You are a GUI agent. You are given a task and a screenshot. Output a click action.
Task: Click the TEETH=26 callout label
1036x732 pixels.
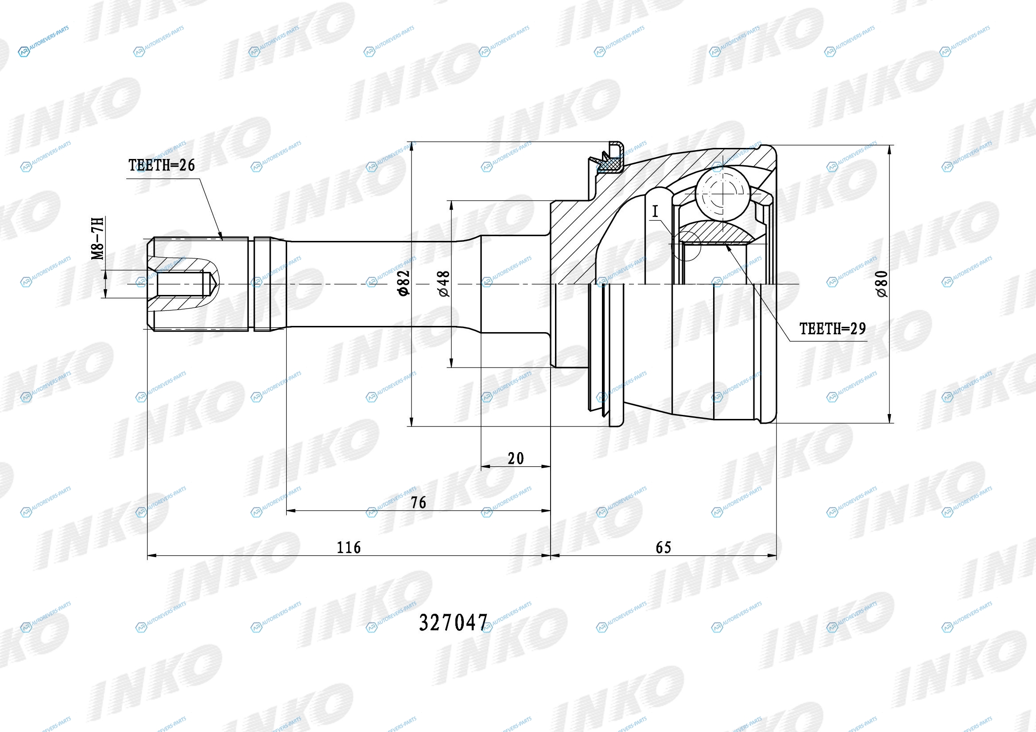tap(162, 165)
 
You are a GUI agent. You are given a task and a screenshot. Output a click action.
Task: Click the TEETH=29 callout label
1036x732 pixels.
tap(833, 329)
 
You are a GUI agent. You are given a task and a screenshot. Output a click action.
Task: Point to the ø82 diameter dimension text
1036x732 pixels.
tap(404, 283)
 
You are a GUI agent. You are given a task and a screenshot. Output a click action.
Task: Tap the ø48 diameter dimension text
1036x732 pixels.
tap(443, 284)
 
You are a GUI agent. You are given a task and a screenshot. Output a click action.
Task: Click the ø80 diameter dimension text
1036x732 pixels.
tap(882, 284)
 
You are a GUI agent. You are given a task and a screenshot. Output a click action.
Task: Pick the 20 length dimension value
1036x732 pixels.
tap(516, 459)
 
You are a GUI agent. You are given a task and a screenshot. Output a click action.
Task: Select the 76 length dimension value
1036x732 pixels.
tap(418, 503)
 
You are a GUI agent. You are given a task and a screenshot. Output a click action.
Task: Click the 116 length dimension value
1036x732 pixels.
tap(349, 547)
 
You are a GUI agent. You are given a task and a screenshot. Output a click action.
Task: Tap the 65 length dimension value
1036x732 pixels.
tap(664, 547)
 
